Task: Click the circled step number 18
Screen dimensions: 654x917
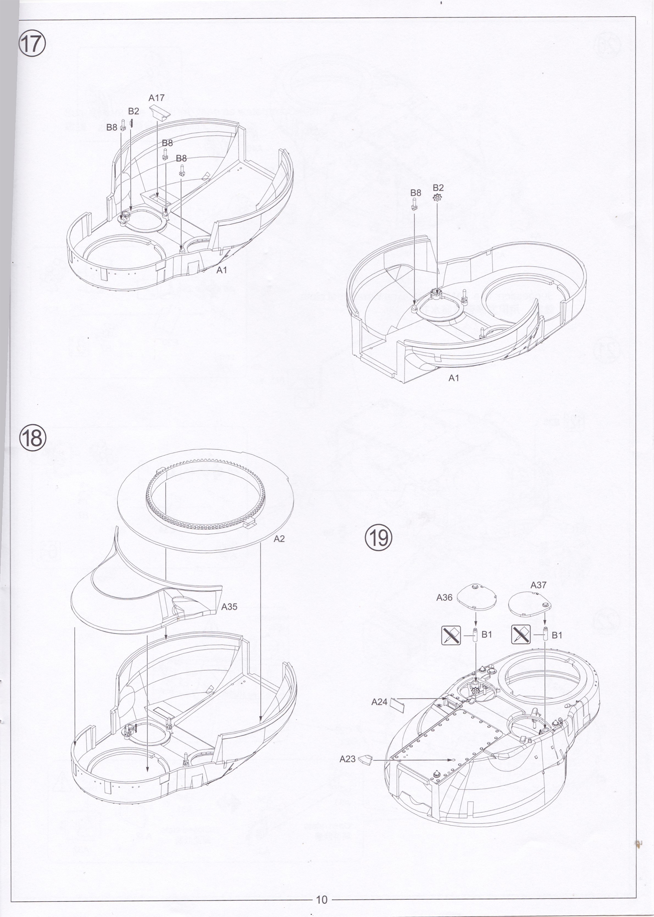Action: point(32,437)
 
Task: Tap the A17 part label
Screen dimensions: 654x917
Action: point(157,98)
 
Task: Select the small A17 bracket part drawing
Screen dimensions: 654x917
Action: point(160,110)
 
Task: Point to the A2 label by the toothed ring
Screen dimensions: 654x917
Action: point(279,539)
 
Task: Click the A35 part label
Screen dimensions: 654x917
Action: point(229,606)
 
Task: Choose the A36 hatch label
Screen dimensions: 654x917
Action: point(444,598)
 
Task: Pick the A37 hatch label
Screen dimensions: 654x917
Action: point(538,585)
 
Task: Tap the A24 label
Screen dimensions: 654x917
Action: point(379,702)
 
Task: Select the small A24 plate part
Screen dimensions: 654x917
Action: point(396,703)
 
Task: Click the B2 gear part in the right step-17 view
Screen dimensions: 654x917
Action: point(437,198)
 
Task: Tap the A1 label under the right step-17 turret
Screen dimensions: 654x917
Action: point(454,378)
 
